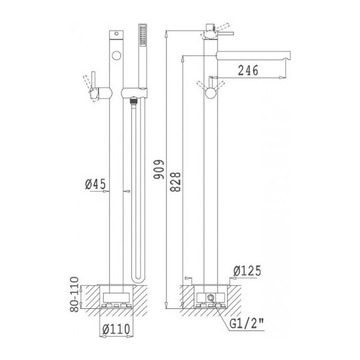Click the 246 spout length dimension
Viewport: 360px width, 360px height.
pos(248,70)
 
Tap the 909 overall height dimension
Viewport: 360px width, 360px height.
pos(159,169)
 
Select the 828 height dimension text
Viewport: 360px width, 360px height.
pos(175,182)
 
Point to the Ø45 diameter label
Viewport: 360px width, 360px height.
pos(95,184)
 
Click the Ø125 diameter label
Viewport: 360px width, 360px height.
pos(247,271)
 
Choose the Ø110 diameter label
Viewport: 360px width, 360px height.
pos(116,329)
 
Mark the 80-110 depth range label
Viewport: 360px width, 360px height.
pos(74,294)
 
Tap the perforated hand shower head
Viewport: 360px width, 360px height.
pos(142,35)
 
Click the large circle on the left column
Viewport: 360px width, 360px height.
pos(116,55)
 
